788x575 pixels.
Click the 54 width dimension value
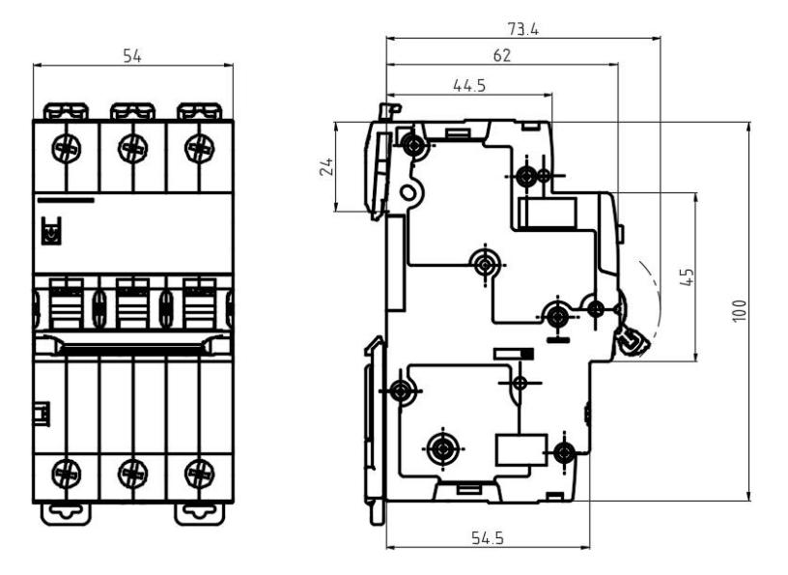[132, 56]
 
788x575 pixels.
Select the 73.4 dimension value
[523, 30]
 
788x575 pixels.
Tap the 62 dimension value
[501, 55]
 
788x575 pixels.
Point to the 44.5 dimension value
[469, 85]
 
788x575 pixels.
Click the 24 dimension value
[326, 166]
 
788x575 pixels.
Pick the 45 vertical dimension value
[687, 276]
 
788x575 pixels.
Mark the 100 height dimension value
[740, 310]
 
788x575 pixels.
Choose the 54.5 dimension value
[488, 538]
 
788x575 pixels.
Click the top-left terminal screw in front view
[67, 149]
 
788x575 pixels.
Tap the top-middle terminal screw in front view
[132, 149]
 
